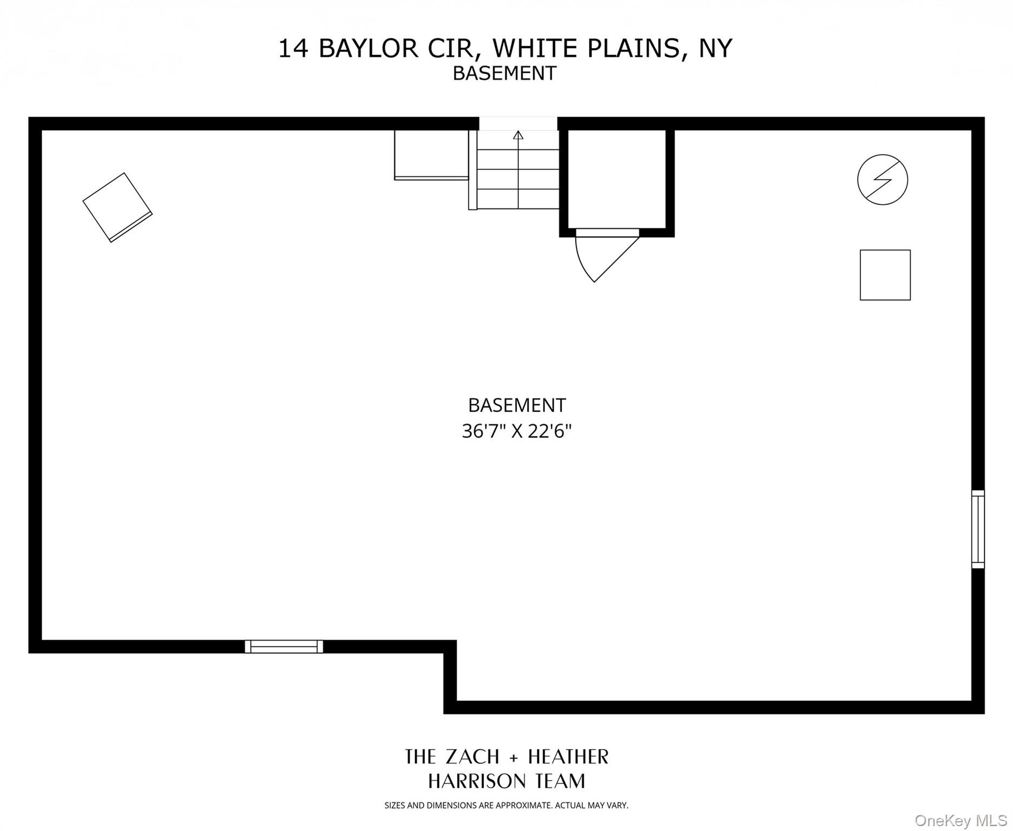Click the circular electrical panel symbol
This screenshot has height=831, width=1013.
click(x=882, y=180)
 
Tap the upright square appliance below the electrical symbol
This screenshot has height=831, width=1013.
click(x=885, y=275)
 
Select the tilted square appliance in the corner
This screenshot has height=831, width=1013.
click(x=117, y=207)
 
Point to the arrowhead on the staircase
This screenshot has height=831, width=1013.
click(x=518, y=135)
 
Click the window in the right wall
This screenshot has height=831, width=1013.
click(x=977, y=529)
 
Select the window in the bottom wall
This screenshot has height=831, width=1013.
click(x=284, y=646)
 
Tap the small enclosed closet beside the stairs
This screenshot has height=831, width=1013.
click(x=616, y=179)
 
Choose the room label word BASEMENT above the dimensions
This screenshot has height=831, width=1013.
click(x=517, y=405)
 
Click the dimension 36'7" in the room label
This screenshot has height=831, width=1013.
click(x=483, y=431)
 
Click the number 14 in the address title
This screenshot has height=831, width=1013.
click(x=294, y=49)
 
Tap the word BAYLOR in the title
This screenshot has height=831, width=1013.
click(x=368, y=49)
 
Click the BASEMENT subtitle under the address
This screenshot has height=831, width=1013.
click(x=504, y=73)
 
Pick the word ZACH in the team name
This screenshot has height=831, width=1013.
click(x=472, y=756)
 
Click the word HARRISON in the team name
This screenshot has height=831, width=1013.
click(x=476, y=781)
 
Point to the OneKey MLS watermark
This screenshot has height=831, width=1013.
click(x=960, y=821)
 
